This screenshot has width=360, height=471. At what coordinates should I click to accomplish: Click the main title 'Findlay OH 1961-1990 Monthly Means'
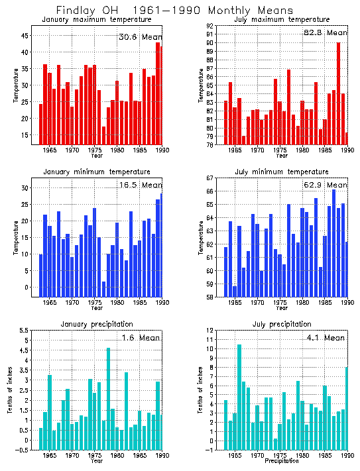(174, 11)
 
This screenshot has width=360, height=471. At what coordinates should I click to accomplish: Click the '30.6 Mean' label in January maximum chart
(139, 37)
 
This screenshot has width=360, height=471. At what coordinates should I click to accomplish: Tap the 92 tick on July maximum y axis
(209, 26)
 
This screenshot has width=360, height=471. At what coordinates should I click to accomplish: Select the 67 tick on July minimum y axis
(209, 178)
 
